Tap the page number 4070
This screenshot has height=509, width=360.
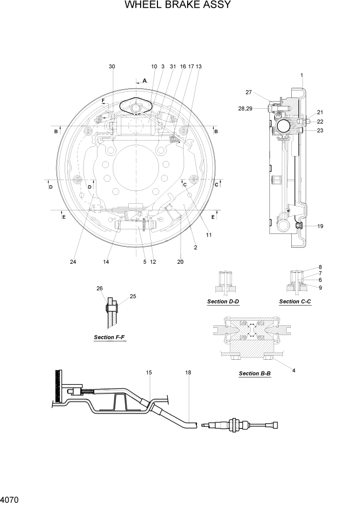pos(10,499)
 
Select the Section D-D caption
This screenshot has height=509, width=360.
pos(223,302)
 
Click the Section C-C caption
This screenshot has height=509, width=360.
pos(295,302)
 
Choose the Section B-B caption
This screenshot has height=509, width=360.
pos(255,374)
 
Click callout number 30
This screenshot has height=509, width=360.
pos(112,66)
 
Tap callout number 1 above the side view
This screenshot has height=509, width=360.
pos(302,75)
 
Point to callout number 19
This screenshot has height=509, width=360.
pos(320,226)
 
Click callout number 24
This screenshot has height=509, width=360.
pos(73,262)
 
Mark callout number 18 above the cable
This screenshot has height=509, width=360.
pos(188,373)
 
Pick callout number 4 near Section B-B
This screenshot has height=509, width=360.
pos(294,370)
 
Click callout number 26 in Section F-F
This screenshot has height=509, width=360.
pos(99,288)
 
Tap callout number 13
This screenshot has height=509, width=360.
pos(198,66)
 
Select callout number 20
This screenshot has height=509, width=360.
pos(180,262)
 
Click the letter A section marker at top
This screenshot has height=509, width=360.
pos(145,81)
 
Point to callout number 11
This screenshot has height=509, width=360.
pos(209,235)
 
